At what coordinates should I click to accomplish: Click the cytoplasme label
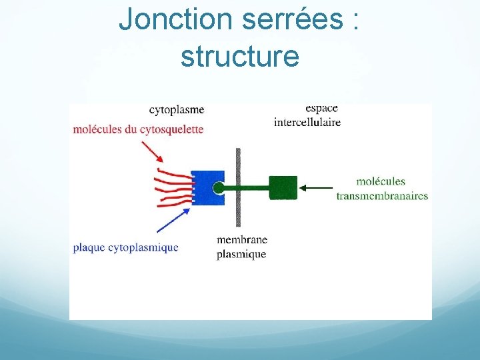(x=177, y=109)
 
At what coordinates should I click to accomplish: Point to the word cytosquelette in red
(x=172, y=129)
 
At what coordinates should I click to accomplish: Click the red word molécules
(x=97, y=129)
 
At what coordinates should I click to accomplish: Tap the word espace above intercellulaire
(x=321, y=108)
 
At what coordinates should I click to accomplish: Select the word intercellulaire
(x=307, y=122)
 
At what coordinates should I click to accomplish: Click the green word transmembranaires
(x=382, y=195)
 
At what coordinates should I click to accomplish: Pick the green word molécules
(x=381, y=181)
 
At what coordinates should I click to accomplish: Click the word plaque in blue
(x=89, y=247)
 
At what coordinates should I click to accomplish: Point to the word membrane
(x=242, y=240)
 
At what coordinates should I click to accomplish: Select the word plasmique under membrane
(x=241, y=254)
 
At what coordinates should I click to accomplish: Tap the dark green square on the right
(x=283, y=187)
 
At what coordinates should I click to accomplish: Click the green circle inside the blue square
(x=219, y=188)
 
